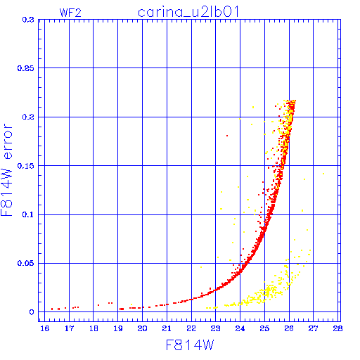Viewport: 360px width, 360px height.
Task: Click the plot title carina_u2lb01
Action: (188, 12)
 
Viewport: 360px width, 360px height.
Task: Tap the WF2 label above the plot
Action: (70, 13)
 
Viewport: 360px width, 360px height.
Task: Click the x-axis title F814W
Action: (190, 345)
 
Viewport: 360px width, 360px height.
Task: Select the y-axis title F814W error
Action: (7, 170)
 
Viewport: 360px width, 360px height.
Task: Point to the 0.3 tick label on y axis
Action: (28, 20)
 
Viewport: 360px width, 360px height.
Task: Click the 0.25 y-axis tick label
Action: (26, 68)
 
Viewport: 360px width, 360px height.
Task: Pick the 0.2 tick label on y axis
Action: (28, 117)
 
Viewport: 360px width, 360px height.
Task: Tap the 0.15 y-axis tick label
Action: (26, 166)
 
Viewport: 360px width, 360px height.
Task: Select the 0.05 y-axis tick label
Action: (26, 263)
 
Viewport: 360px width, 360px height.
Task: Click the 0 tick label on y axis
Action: (32, 312)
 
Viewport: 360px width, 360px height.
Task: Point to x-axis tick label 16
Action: (44, 328)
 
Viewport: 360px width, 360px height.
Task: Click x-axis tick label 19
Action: (118, 328)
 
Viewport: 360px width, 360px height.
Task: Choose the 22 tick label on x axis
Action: (191, 328)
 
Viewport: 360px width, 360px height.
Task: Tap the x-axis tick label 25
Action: (264, 328)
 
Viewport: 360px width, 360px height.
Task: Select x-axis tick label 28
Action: (337, 328)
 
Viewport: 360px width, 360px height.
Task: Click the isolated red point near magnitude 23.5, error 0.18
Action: (227, 136)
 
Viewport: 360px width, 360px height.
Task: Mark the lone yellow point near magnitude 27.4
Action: (323, 174)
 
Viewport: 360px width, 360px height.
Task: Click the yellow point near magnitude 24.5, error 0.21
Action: (253, 108)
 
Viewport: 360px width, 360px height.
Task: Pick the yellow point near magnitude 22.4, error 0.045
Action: (201, 267)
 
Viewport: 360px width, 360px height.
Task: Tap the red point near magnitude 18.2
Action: (98, 305)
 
